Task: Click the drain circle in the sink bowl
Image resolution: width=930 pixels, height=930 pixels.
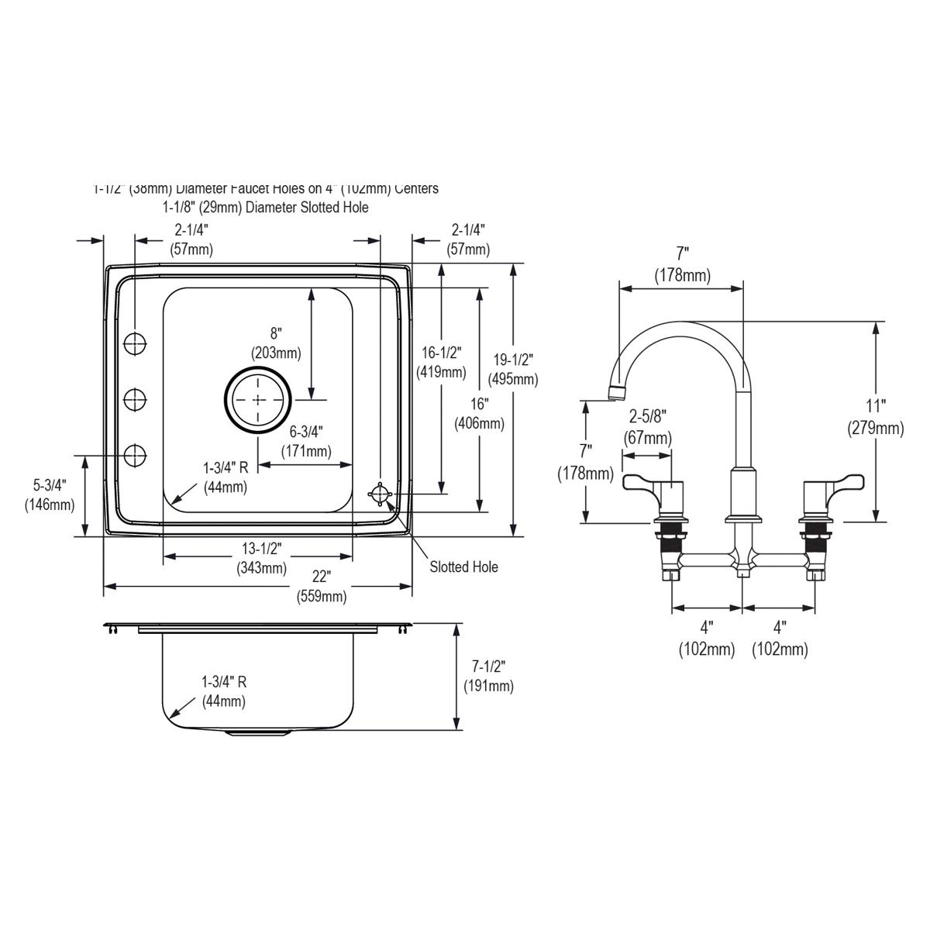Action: point(258,400)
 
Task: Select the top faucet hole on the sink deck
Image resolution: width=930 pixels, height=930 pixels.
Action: point(135,342)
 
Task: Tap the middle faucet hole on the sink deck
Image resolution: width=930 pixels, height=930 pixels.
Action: point(135,399)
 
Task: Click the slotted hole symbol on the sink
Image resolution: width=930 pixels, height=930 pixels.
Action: point(381,494)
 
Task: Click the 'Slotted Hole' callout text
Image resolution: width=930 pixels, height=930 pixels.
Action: point(463,567)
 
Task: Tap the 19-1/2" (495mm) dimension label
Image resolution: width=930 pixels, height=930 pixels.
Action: point(513,370)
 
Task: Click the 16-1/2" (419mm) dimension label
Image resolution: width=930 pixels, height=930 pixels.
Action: point(442,362)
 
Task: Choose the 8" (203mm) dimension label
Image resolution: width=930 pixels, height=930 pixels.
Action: point(276,343)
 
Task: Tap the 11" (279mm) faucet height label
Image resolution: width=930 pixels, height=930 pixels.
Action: point(876,417)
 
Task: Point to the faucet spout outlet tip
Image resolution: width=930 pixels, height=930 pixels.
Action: point(615,392)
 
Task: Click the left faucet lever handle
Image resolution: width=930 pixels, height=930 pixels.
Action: point(642,484)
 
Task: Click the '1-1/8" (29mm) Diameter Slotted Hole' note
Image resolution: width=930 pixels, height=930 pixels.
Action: point(265,207)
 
